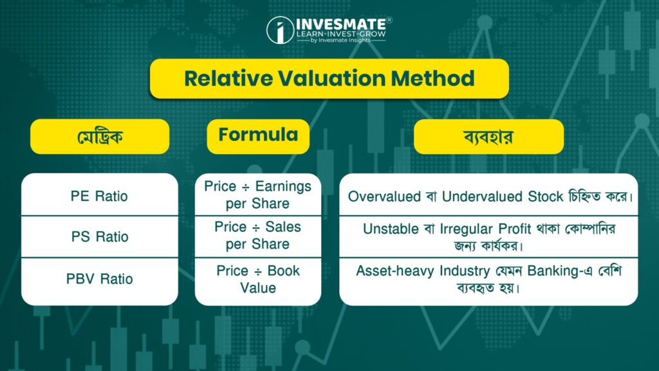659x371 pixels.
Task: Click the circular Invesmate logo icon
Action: click(x=281, y=30)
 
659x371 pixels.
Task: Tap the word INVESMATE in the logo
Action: click(x=341, y=24)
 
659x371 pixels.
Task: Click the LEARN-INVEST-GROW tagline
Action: click(x=341, y=34)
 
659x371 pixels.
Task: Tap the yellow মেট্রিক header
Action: click(x=100, y=137)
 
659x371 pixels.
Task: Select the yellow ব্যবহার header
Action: click(x=489, y=137)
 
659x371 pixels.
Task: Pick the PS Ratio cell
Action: click(x=100, y=236)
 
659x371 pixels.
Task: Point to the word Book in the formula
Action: click(x=284, y=271)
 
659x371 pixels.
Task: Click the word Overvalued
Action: click(x=384, y=196)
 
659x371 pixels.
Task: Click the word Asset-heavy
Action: click(x=396, y=271)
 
